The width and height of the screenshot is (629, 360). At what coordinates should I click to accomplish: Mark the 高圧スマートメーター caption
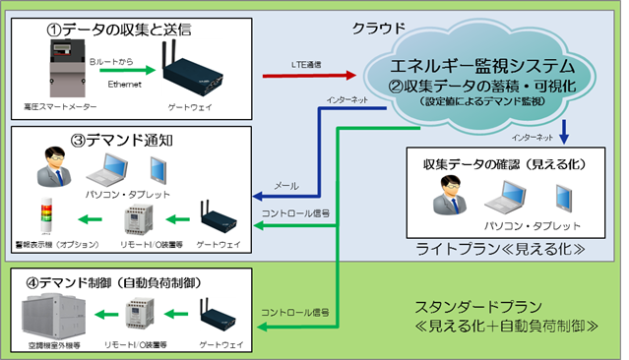(x=50, y=104)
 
